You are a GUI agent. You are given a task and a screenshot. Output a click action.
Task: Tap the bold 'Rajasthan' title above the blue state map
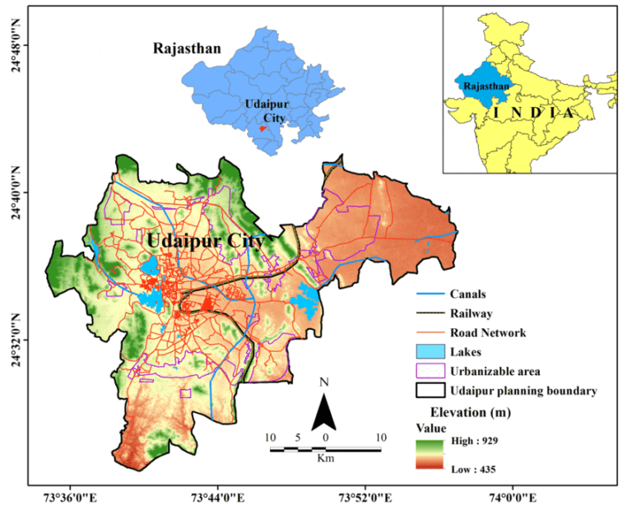pos(187,49)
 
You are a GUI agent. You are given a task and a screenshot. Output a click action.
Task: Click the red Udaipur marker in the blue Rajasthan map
pos(262,128)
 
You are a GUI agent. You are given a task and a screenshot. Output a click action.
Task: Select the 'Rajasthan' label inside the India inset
pos(486,86)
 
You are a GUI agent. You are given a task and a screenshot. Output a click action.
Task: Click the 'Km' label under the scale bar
pos(326,457)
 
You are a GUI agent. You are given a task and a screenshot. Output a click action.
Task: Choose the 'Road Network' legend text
pos(488,333)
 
